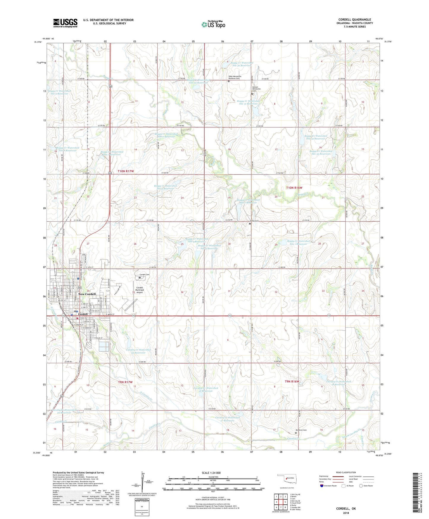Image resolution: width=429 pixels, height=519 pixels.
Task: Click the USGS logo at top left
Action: [x=65, y=23]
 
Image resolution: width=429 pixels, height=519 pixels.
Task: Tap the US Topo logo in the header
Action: [x=213, y=24]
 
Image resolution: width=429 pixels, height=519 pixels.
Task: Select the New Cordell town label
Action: [x=87, y=294]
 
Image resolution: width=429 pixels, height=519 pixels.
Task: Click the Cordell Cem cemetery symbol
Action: [x=140, y=278]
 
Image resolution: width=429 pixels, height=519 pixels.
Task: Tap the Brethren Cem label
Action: [x=301, y=430]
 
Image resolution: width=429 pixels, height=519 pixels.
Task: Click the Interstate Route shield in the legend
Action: [x=322, y=486]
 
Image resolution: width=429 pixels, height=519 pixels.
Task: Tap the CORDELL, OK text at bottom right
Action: [x=346, y=509]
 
